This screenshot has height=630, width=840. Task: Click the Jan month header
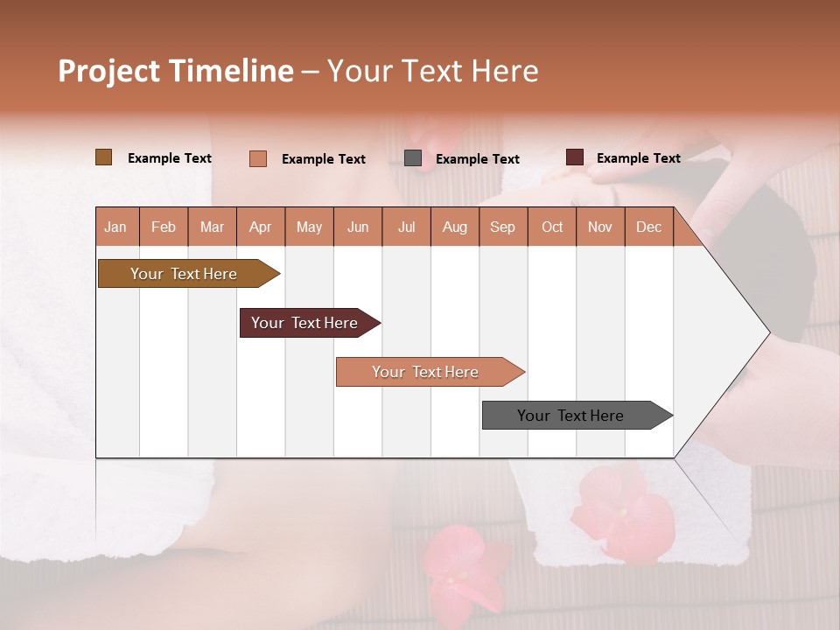coord(116,227)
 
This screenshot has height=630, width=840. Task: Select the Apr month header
coord(261,227)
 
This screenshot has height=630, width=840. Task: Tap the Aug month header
coord(454,227)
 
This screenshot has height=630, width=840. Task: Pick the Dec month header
coord(648,227)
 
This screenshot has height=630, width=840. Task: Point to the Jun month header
coord(358,227)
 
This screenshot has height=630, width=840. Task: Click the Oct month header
coord(552,227)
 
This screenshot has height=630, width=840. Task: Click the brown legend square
coord(104,157)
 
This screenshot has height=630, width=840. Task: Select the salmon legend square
coord(258,158)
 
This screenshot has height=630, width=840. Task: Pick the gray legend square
coord(413,158)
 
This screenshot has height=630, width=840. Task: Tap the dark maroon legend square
coord(575,157)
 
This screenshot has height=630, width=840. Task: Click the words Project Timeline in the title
coord(176,71)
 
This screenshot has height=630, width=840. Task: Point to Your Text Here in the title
coord(432,71)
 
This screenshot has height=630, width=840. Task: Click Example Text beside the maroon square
coord(638,157)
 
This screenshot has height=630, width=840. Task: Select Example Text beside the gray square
coord(477,158)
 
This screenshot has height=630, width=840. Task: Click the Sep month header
coord(502,227)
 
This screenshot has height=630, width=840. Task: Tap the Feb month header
coord(164,227)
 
